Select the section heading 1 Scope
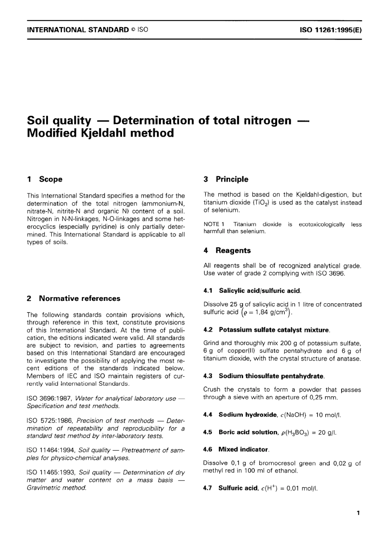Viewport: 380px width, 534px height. pyautogui.click(x=45, y=179)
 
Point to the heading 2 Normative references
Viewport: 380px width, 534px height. pyautogui.click(x=74, y=298)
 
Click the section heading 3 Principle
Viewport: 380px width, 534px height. pyautogui.click(x=226, y=179)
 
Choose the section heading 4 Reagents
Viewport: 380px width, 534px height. pyautogui.click(x=227, y=251)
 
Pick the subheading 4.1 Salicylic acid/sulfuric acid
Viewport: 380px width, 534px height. pyautogui.click(x=252, y=290)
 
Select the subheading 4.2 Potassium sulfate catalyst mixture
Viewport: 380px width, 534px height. pyautogui.click(x=267, y=330)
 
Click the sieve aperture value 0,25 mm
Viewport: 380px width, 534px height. pyautogui.click(x=325, y=397)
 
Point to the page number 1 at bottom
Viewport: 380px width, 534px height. pyautogui.click(x=358, y=513)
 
